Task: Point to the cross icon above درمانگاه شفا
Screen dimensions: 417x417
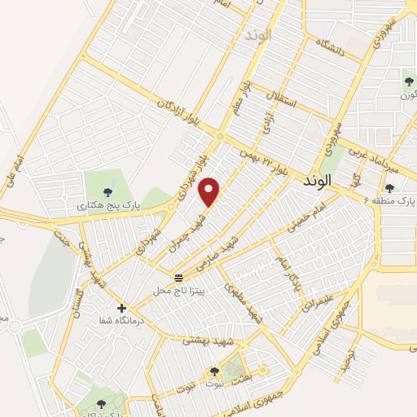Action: click(121, 309)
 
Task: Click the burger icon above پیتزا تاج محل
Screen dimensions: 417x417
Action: click(178, 279)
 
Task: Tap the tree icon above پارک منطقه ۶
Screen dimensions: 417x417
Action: click(389, 188)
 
